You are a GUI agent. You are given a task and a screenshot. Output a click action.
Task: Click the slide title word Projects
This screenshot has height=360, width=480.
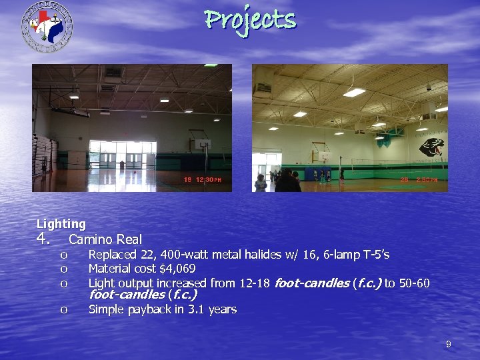[x=250, y=19]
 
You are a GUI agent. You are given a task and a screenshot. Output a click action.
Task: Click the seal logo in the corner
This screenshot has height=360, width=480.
[x=47, y=26]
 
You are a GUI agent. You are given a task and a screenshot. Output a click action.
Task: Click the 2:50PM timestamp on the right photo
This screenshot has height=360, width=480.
[x=419, y=180]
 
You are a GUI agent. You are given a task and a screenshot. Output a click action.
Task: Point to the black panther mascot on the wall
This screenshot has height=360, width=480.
[x=431, y=147]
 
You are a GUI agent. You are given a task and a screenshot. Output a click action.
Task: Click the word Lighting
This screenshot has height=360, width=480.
[x=61, y=224]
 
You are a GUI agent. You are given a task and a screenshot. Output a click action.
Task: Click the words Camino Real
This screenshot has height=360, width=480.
[x=105, y=239]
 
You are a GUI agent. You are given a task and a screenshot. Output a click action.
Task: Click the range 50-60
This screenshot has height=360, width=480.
[x=414, y=283]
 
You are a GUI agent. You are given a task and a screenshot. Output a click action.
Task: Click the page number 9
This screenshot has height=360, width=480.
[x=448, y=344]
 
